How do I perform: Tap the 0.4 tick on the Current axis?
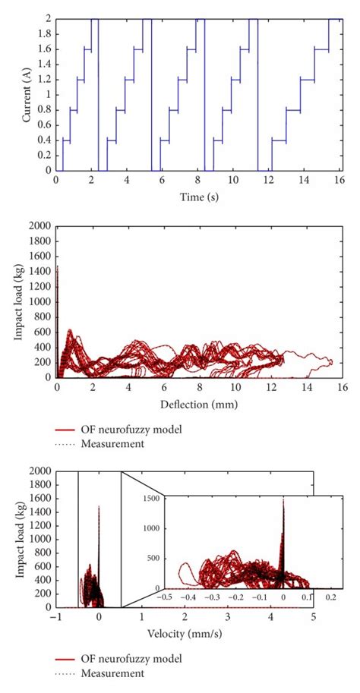click(x=45, y=140)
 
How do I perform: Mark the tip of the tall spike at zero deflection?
click(x=58, y=266)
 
